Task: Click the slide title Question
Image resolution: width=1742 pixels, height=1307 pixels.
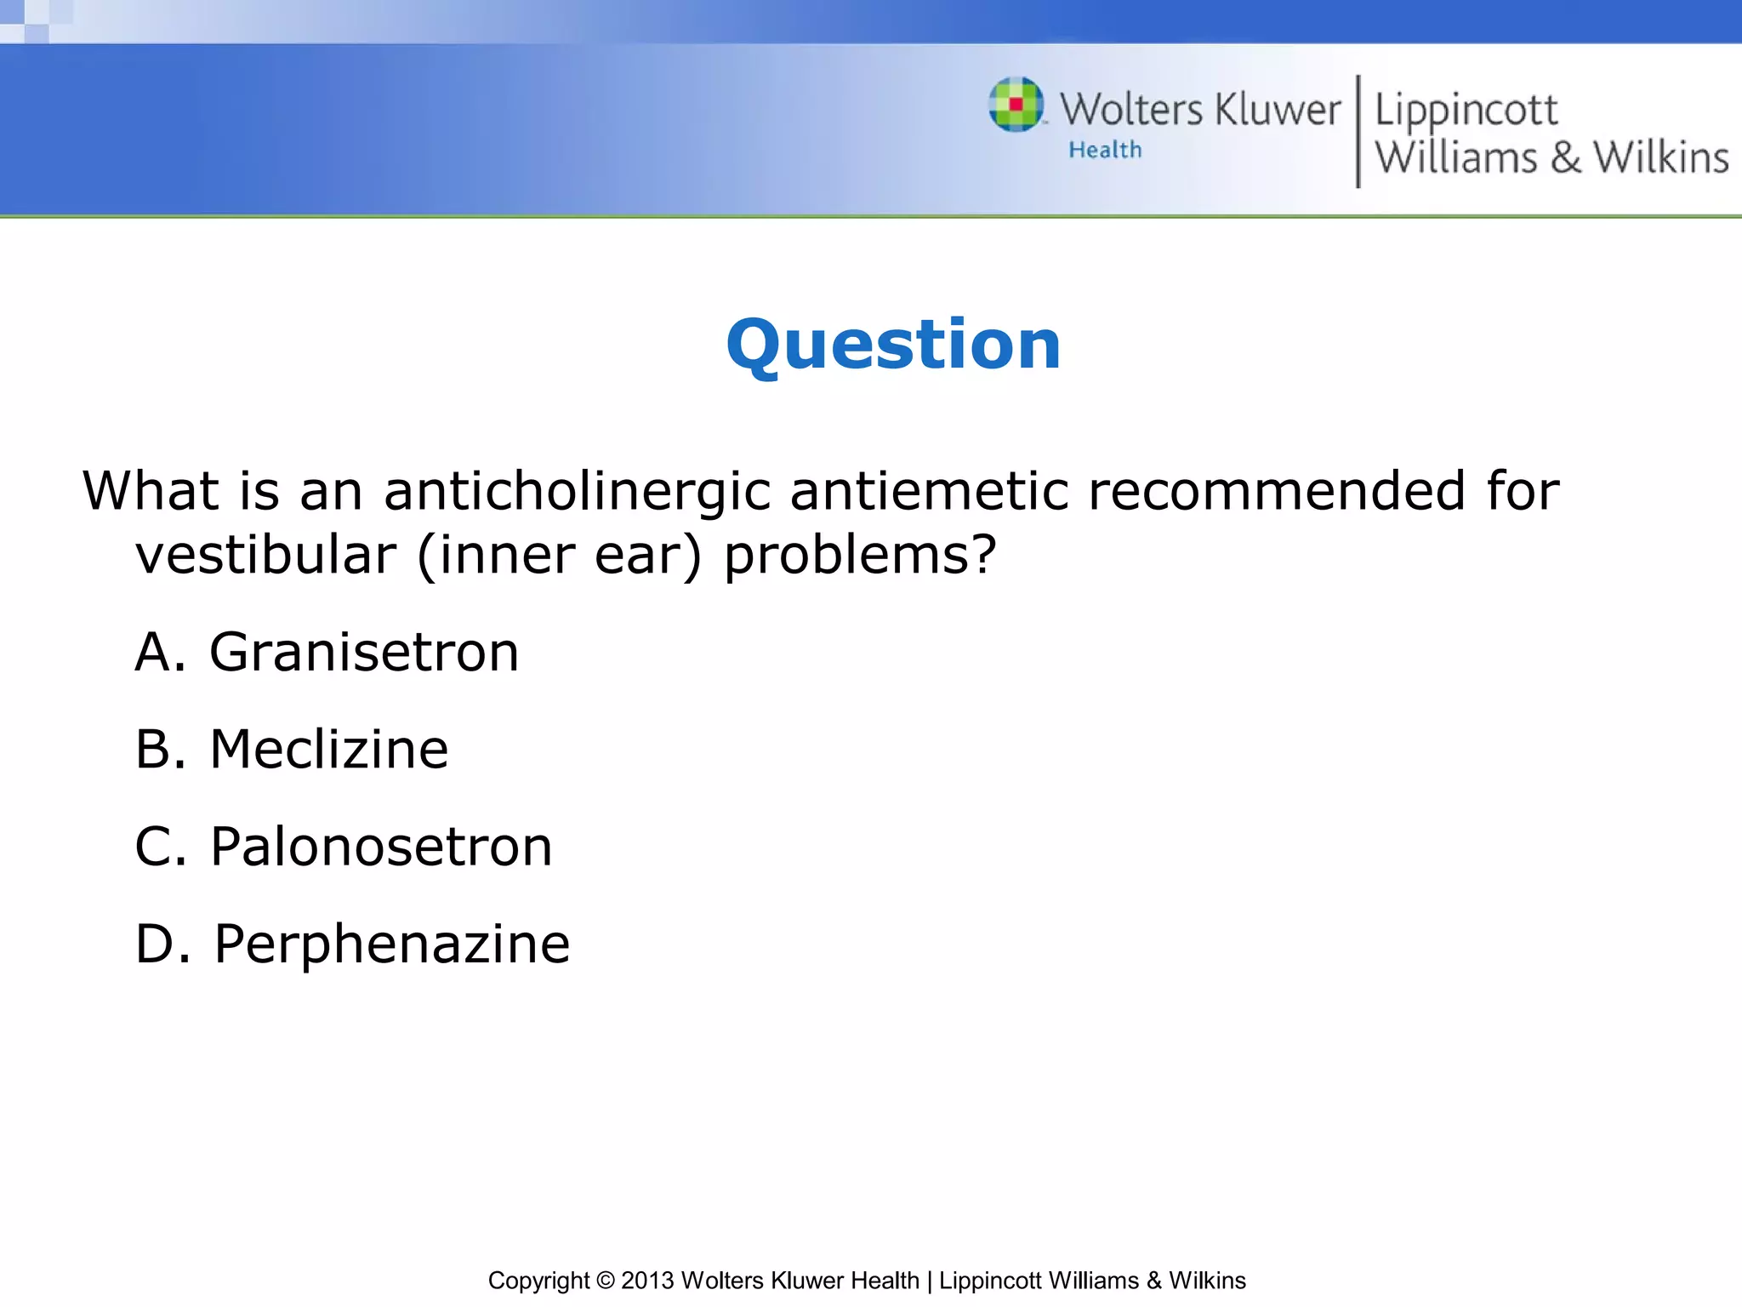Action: click(893, 345)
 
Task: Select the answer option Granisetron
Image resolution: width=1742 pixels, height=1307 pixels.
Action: click(364, 653)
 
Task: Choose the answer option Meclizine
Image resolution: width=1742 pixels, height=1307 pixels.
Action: click(328, 750)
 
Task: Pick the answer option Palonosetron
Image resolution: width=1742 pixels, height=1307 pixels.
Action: click(381, 848)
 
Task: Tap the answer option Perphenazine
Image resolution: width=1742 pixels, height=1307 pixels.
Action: click(391, 945)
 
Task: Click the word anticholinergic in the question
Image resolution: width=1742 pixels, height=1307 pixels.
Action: click(577, 492)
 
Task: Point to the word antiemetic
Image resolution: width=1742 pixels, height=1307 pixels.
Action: click(929, 492)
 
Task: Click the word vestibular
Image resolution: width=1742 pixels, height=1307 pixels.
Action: click(265, 556)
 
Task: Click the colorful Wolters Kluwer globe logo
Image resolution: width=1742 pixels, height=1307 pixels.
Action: click(1016, 105)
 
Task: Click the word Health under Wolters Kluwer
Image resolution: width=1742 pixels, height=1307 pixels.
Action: click(1105, 151)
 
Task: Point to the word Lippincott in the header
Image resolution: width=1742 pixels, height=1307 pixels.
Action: click(1466, 111)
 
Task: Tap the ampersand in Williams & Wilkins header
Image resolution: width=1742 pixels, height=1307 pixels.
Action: click(1565, 158)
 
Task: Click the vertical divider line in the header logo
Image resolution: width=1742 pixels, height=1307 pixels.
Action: click(1358, 131)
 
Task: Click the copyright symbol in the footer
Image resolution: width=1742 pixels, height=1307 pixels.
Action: click(605, 1281)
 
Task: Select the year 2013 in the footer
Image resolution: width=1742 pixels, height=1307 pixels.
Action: click(647, 1281)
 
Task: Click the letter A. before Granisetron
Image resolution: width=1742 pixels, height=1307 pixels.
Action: click(159, 653)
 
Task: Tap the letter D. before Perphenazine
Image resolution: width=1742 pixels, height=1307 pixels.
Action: click(162, 945)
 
